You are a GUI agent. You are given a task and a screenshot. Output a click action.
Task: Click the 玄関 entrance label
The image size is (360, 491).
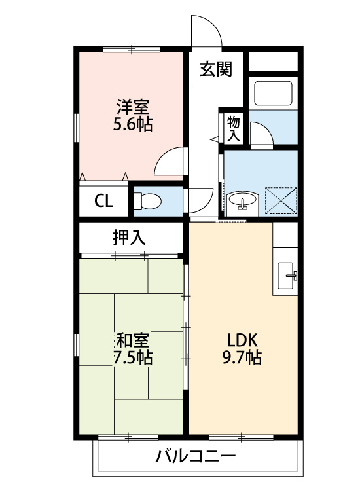click(216, 69)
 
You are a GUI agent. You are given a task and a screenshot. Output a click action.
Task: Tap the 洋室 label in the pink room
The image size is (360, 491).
click(133, 107)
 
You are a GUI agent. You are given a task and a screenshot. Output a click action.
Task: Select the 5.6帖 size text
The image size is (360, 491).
click(133, 124)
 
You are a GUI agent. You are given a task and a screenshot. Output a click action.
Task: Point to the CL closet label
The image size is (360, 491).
click(103, 201)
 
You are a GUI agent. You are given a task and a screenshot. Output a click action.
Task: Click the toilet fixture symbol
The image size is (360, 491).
click(147, 201)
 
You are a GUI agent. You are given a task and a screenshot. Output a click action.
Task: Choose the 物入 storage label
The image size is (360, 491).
click(234, 129)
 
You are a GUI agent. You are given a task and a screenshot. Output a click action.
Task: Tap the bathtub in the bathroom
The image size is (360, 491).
click(274, 93)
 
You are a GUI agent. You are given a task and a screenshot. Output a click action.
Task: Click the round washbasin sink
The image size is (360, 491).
click(243, 201)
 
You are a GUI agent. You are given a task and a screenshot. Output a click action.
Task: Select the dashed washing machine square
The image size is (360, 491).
click(281, 201)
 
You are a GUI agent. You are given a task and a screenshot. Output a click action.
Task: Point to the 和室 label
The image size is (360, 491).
click(133, 340)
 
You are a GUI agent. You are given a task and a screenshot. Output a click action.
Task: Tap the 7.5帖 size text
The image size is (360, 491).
click(133, 357)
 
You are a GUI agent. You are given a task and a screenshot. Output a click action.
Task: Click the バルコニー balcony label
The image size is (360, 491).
click(196, 456)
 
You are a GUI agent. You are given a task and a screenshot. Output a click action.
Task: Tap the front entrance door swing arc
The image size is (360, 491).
click(212, 24)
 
